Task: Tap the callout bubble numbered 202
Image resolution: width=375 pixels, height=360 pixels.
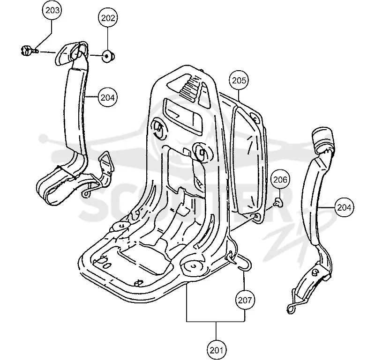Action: pyautogui.click(x=108, y=18)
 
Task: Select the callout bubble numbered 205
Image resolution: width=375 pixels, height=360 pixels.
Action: pyautogui.click(x=239, y=81)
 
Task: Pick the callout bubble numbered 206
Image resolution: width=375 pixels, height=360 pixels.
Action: pyautogui.click(x=280, y=179)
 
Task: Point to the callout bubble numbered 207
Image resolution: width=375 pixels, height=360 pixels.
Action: pyautogui.click(x=245, y=300)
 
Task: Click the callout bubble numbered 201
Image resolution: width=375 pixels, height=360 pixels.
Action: pyautogui.click(x=216, y=350)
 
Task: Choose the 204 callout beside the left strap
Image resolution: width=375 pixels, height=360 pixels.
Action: pyautogui.click(x=108, y=97)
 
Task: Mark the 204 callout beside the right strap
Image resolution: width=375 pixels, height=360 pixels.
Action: pyautogui.click(x=344, y=207)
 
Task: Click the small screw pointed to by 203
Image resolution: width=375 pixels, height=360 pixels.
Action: pyautogui.click(x=29, y=51)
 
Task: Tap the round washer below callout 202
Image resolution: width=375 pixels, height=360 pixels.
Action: pyautogui.click(x=108, y=56)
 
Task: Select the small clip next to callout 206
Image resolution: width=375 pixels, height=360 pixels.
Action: pyautogui.click(x=278, y=202)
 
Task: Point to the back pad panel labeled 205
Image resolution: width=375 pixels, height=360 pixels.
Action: pyautogui.click(x=249, y=155)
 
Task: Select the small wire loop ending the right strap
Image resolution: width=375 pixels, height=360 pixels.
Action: pyautogui.click(x=291, y=309)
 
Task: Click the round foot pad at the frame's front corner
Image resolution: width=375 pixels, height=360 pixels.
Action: pyautogui.click(x=193, y=266)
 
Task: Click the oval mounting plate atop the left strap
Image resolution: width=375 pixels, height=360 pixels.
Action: pyautogui.click(x=72, y=53)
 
